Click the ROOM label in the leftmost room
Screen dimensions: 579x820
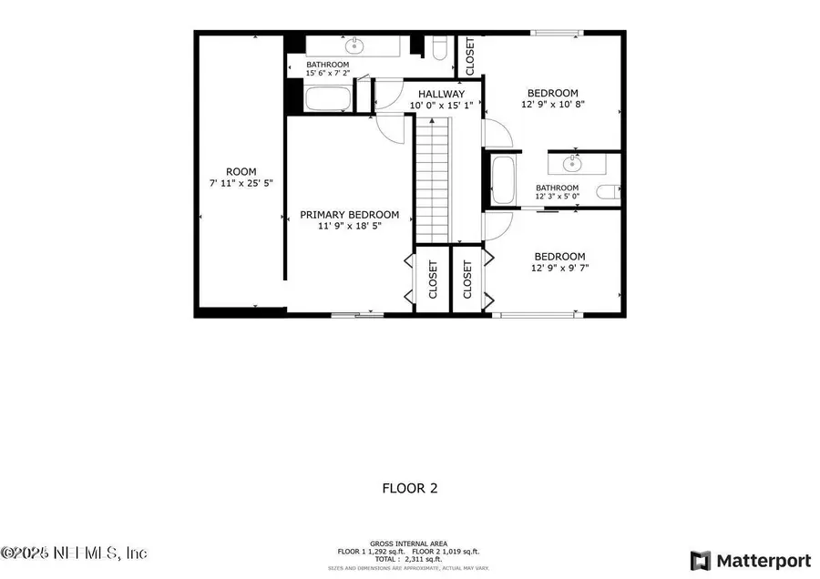pos(241,171)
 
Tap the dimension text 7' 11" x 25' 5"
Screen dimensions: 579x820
pos(241,183)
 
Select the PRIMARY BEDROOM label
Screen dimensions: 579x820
pos(350,214)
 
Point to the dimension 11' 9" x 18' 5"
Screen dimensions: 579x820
pos(350,226)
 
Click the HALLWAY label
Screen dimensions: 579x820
pos(441,94)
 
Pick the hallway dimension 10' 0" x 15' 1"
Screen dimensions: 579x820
pos(441,106)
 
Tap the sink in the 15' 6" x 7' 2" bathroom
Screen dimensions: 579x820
pos(353,46)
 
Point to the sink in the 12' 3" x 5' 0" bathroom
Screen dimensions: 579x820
pos(572,164)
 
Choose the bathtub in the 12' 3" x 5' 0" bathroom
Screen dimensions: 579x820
pos(503,181)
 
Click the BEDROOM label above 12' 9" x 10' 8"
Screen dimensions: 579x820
pos(552,93)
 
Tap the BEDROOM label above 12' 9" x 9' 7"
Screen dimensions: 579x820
pos(559,257)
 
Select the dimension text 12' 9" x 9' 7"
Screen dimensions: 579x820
pos(559,269)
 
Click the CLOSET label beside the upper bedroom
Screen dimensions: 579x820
pos(470,56)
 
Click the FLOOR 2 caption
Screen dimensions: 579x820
pos(409,488)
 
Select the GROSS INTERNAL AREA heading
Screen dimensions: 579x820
pos(409,543)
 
